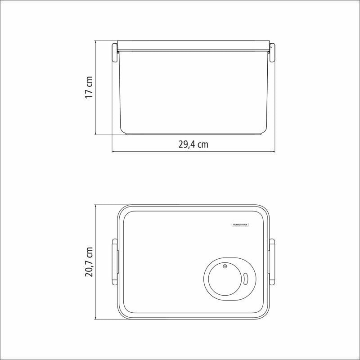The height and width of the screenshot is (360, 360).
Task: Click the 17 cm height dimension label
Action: [89, 87]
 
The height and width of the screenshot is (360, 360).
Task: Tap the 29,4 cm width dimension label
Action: [193, 144]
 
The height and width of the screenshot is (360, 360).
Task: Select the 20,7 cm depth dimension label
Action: [89, 262]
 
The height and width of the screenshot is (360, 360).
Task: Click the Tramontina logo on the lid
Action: [240, 225]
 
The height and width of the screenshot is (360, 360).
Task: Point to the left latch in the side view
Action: [115, 52]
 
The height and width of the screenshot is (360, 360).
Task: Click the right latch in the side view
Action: [272, 52]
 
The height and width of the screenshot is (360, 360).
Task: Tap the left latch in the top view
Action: [115, 262]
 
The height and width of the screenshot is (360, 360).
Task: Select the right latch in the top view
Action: [272, 262]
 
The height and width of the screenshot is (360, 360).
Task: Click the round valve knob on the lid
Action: [225, 279]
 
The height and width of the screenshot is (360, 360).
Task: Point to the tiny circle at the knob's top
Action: [225, 266]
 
